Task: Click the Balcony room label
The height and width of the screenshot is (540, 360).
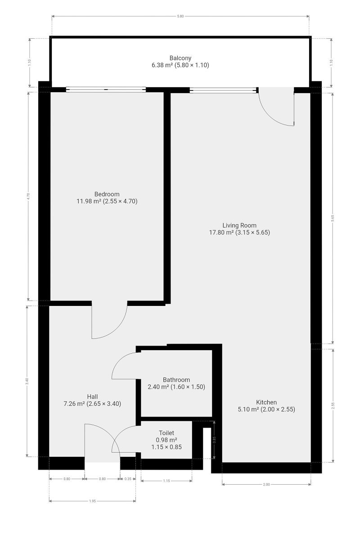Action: click(x=180, y=58)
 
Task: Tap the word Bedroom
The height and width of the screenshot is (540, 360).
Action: click(x=107, y=194)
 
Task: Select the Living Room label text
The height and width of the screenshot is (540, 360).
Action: click(x=239, y=225)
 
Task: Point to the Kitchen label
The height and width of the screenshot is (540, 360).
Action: click(x=266, y=402)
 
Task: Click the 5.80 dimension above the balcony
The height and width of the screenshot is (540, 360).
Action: click(x=180, y=16)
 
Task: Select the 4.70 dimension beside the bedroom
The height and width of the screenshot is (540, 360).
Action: click(x=28, y=197)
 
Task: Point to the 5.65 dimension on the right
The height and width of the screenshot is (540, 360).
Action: click(x=333, y=218)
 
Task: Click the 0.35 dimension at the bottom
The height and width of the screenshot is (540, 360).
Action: click(x=128, y=477)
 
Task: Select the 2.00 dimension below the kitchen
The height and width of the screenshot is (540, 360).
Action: click(x=266, y=482)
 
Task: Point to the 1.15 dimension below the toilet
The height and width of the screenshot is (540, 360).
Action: click(x=166, y=479)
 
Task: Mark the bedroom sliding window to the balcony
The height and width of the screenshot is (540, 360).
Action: click(x=106, y=90)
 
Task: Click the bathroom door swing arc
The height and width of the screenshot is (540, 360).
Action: click(x=119, y=360)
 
